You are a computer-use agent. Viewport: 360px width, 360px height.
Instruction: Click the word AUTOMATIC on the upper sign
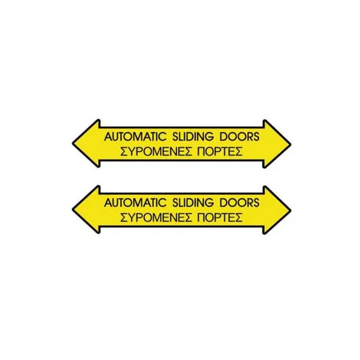[x=135, y=137]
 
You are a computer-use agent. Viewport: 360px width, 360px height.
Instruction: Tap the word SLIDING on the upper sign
[x=193, y=137]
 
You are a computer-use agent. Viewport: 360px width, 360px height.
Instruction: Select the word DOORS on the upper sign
[x=239, y=137]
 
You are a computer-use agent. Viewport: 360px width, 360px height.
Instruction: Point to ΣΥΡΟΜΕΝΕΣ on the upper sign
[x=156, y=151]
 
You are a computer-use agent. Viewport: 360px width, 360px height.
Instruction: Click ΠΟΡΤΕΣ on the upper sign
[x=220, y=151]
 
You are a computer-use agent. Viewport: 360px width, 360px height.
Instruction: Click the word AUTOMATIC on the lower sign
[x=135, y=203]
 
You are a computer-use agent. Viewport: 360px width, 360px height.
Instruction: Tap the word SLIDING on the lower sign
[x=193, y=203]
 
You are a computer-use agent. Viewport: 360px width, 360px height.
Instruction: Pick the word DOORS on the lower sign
[x=239, y=203]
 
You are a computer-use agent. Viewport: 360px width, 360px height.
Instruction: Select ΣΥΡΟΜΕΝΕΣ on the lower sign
[x=156, y=217]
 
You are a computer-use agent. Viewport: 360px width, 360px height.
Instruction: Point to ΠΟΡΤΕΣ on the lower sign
[x=220, y=217]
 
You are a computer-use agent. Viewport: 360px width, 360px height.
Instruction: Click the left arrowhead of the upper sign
[x=86, y=143]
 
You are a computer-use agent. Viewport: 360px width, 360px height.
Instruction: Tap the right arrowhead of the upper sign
[x=277, y=144]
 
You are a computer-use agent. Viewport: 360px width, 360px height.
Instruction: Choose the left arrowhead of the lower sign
[x=86, y=210]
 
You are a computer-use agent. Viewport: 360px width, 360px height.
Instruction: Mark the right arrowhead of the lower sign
[x=277, y=210]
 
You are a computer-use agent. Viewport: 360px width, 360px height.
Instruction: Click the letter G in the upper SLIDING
[x=210, y=137]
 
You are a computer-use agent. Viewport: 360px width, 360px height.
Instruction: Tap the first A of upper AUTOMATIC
[x=109, y=137]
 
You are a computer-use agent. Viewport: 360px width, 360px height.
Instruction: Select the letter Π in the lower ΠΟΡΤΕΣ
[x=201, y=217]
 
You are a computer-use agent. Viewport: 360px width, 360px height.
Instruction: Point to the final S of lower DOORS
[x=257, y=203]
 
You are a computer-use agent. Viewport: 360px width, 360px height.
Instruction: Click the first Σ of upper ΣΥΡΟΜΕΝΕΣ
[x=124, y=151]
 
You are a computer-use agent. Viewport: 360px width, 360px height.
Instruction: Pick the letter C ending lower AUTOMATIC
[x=162, y=203]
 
